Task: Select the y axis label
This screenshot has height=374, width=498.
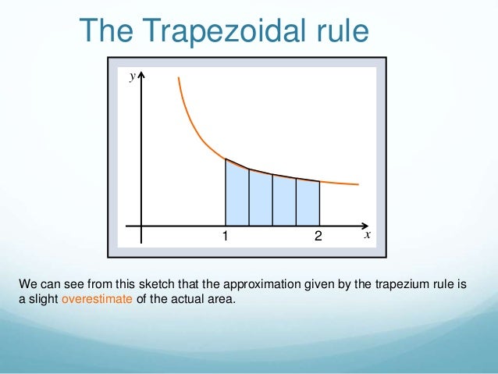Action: [x=133, y=76]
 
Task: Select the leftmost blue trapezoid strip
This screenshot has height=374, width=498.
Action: [x=237, y=195]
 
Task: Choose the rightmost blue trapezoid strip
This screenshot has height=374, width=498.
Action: [x=308, y=202]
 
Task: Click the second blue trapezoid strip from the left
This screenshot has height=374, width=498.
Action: [x=261, y=198]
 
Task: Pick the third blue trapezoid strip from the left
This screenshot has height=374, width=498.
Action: [x=284, y=201]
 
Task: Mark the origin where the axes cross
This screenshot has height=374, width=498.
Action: [x=141, y=224]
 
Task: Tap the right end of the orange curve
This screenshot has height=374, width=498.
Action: [x=357, y=184]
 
